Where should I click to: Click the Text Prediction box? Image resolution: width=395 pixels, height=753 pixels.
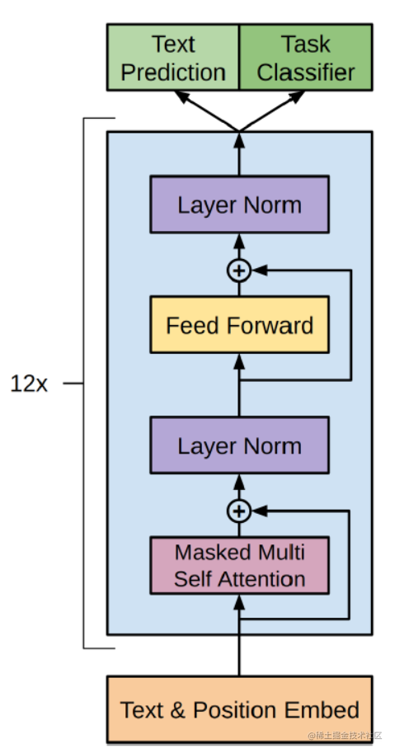pos(173,57)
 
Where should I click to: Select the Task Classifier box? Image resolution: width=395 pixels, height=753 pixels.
pos(305,57)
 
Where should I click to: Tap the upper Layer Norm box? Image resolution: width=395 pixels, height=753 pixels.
pos(239,204)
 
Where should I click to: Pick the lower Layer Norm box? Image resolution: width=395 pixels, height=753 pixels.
pos(239,445)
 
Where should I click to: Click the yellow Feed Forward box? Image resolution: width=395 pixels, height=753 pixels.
pos(239,325)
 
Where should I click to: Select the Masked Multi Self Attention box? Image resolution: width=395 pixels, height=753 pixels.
pos(239,565)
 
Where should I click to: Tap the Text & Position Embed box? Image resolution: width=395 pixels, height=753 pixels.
pos(239,708)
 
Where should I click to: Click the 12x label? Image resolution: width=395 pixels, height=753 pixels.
pos(30,384)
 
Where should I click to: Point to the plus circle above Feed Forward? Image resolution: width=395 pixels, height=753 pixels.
pos(239,270)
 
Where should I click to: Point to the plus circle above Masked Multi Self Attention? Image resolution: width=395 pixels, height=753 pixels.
pos(239,511)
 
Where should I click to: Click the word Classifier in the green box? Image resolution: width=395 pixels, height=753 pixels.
pos(305,72)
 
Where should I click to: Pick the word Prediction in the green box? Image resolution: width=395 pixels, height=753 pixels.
pos(173,72)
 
